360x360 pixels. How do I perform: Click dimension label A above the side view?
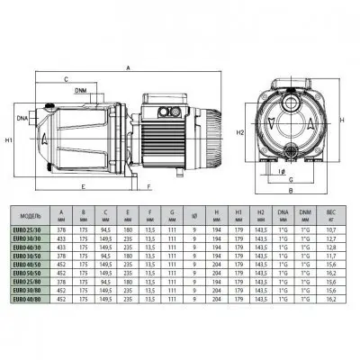pyautogui.click(x=128, y=67)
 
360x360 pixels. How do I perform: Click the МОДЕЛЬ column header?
pyautogui.click(x=31, y=216)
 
